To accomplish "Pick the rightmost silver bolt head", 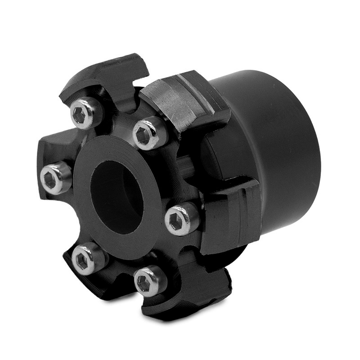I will coord(182,219).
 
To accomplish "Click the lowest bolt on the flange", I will coord(150,280).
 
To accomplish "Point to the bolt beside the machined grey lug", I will coord(150,133).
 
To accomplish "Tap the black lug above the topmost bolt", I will coord(108,74).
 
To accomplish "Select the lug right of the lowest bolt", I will coord(193,288).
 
